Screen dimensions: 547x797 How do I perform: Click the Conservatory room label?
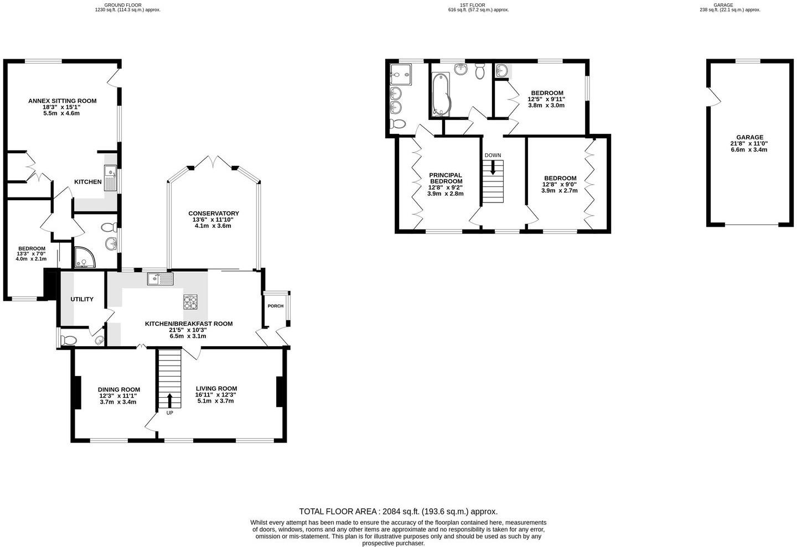tap(213, 213)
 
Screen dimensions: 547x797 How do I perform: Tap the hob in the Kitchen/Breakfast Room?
tap(190, 303)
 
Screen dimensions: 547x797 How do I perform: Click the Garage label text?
tap(749, 138)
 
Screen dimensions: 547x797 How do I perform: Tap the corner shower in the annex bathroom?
tap(83, 257)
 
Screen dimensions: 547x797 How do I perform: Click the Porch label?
tap(275, 306)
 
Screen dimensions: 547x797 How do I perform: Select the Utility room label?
tap(82, 299)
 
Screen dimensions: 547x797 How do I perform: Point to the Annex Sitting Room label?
tap(62, 101)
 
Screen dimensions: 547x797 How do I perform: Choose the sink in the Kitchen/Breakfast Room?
tap(160, 279)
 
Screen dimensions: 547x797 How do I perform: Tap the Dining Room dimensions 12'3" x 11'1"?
tap(118, 395)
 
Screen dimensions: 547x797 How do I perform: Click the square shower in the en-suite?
tap(401, 74)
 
